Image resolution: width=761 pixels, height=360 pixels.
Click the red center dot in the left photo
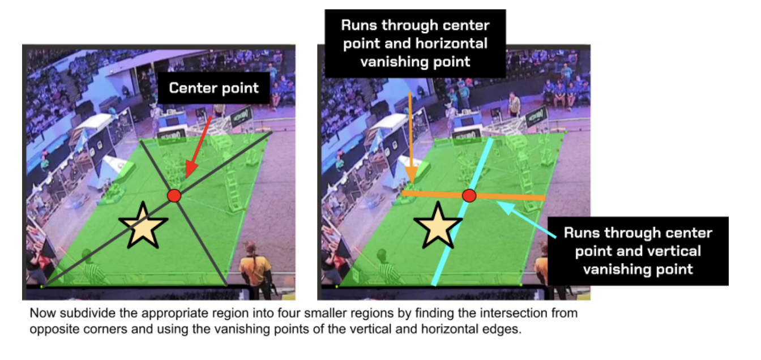[174, 196]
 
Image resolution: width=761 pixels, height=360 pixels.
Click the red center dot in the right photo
[469, 196]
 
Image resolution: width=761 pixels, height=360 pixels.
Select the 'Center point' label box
[213, 88]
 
